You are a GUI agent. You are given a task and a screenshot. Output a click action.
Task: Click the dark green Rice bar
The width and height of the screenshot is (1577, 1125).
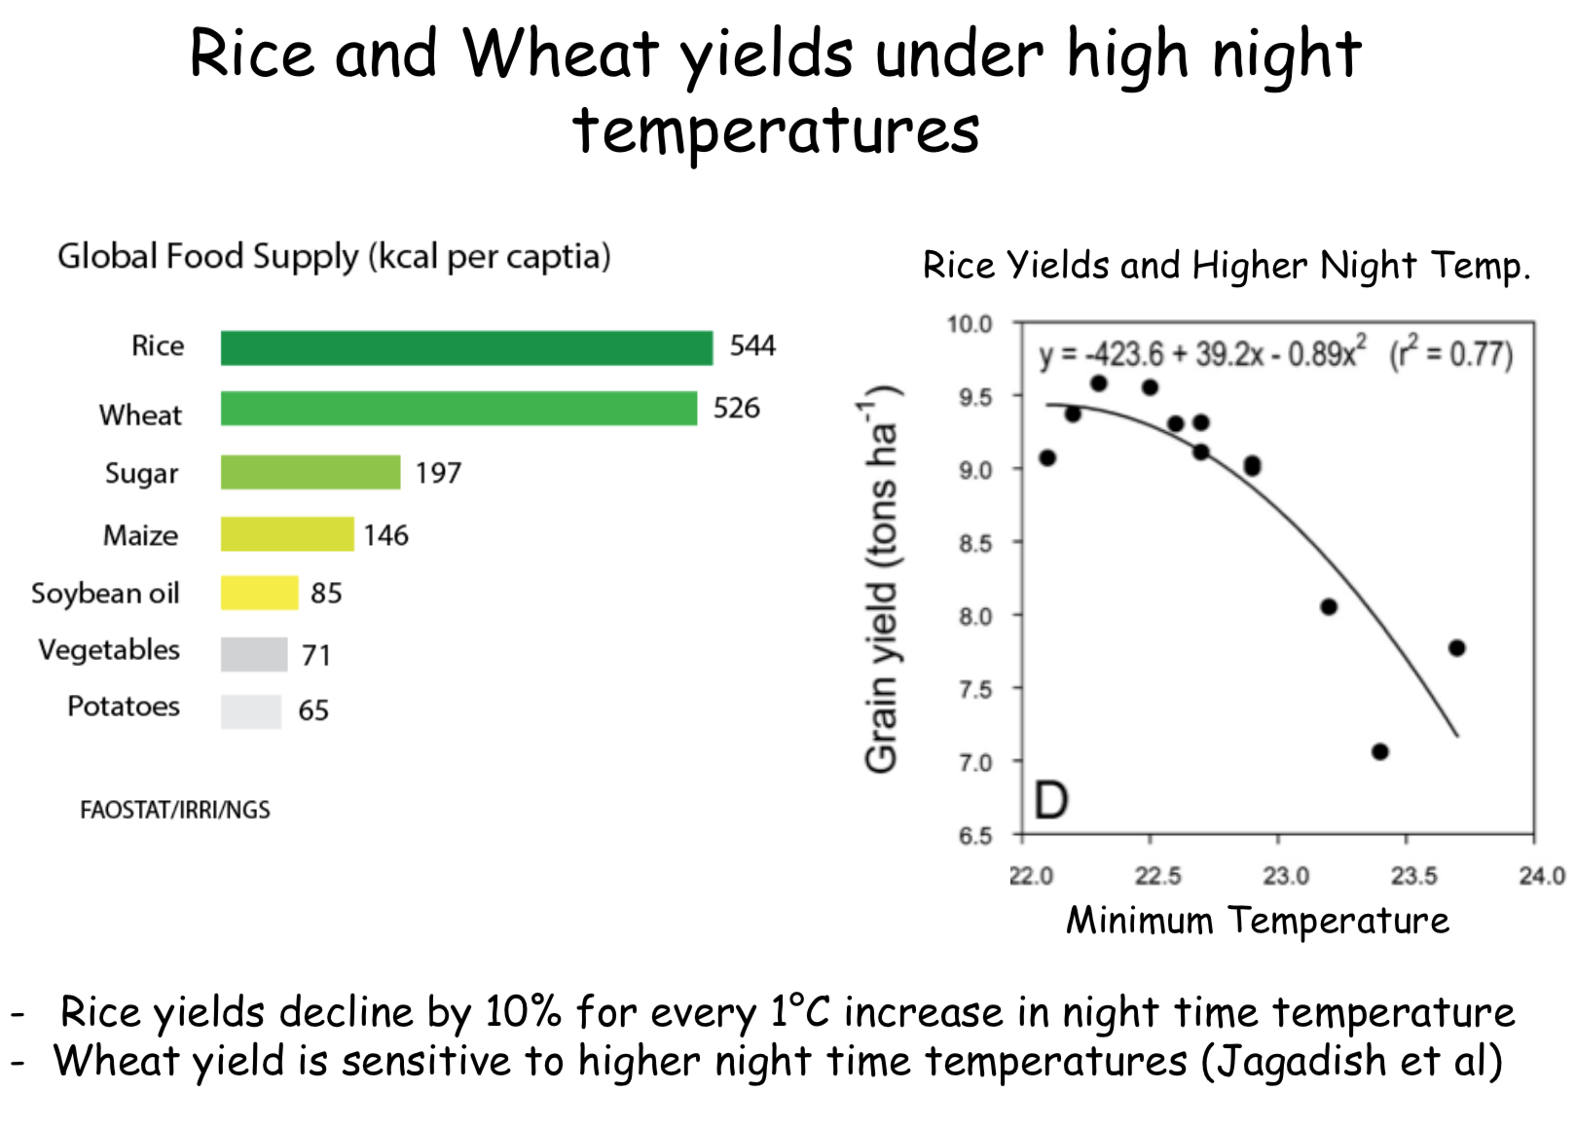(466, 347)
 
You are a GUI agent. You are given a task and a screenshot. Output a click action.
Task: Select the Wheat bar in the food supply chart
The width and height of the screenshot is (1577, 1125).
(459, 409)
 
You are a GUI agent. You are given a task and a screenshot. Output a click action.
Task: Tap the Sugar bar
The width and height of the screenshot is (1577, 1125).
(311, 472)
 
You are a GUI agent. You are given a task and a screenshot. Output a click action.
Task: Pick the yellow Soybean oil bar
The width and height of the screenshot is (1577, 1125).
(260, 593)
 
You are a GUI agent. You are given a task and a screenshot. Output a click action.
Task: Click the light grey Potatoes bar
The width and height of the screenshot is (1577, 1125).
(251, 711)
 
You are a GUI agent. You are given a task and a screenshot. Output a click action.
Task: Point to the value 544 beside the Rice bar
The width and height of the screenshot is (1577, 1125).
(752, 345)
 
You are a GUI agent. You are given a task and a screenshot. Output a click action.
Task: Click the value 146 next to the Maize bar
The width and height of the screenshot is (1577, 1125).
(385, 535)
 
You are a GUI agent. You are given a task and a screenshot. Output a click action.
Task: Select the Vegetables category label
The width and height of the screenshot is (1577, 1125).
(109, 650)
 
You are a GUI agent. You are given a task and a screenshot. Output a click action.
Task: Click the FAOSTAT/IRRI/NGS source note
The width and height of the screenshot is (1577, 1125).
(174, 810)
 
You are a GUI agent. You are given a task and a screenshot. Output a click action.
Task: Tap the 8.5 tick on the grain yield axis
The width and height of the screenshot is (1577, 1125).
(975, 543)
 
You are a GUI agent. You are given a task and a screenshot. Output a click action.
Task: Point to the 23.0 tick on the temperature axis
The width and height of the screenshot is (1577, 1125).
(1286, 876)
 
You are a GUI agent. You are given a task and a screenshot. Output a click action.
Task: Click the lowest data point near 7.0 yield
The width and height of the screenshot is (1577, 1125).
(1380, 752)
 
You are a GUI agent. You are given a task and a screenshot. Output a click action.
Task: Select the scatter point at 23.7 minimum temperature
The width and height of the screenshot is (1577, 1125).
(1457, 648)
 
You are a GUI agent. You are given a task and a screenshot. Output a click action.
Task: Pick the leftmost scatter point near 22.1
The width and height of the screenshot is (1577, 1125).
(1047, 458)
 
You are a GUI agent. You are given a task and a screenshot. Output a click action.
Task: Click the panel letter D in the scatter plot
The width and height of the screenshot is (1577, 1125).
(1051, 801)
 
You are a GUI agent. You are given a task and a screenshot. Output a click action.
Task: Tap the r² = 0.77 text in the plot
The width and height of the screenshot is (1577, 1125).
(1451, 352)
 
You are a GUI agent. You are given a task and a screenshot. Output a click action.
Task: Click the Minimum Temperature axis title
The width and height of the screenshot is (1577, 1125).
(1258, 920)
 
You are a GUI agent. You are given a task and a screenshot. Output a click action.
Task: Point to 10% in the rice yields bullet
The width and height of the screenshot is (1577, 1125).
(523, 1012)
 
